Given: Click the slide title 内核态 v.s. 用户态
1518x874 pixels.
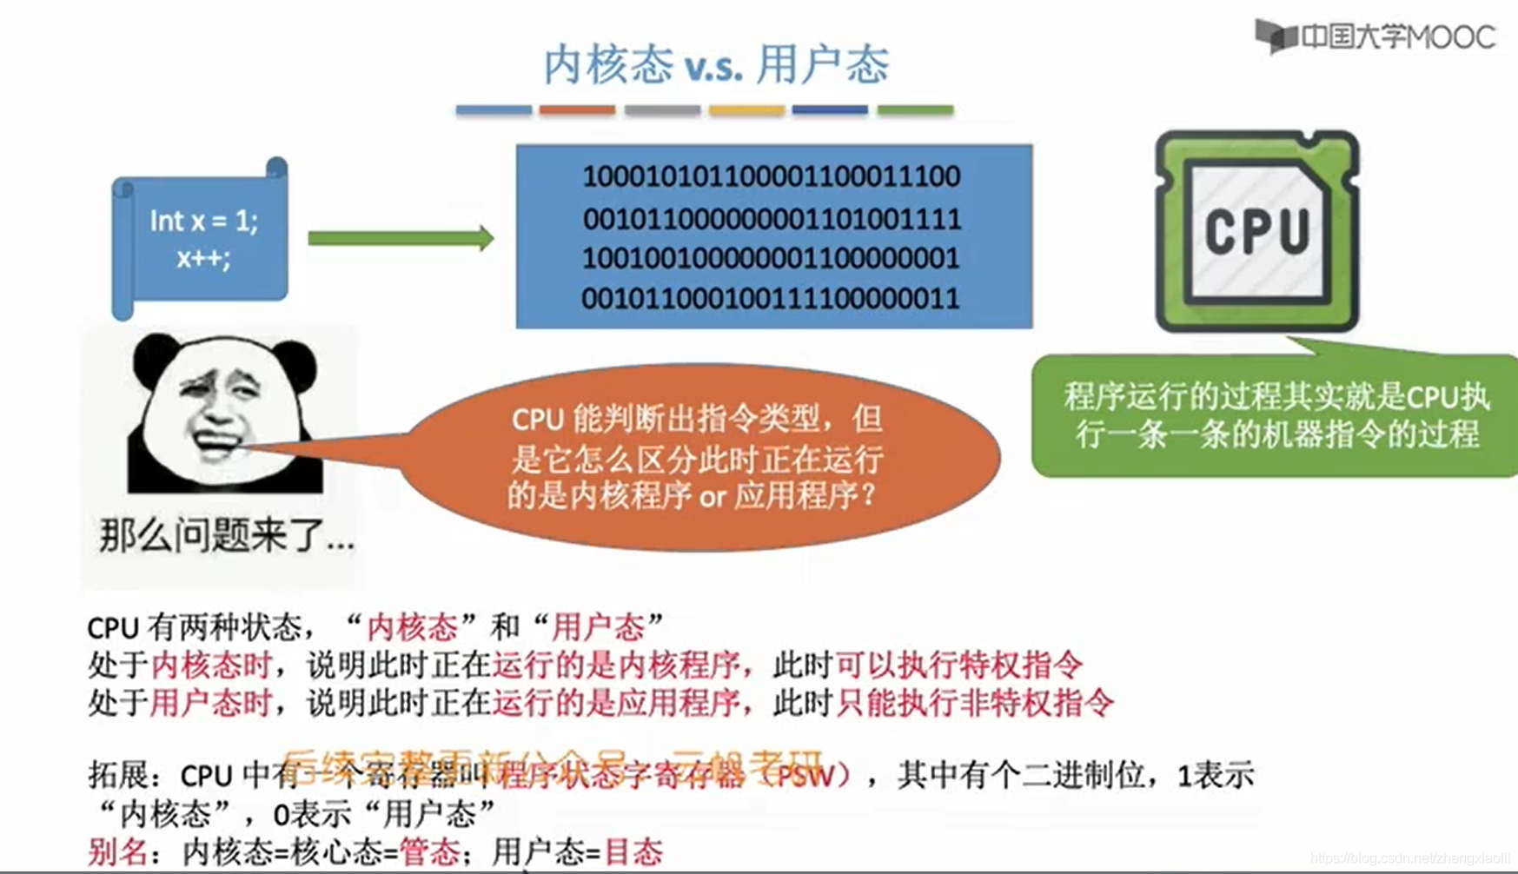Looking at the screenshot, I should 716,65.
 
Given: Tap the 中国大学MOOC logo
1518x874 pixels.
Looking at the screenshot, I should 1375,36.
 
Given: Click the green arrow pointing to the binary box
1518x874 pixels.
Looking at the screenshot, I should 401,238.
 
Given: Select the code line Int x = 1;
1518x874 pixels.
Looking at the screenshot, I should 203,221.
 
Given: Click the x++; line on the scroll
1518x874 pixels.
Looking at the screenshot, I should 203,258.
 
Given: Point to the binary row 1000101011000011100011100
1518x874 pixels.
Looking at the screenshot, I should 772,176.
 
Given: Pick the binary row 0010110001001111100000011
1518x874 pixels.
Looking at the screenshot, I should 771,298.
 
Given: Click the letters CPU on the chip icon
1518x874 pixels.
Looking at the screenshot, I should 1256,231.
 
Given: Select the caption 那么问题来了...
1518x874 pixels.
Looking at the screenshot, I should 226,535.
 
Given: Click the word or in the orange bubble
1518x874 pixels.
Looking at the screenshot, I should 712,497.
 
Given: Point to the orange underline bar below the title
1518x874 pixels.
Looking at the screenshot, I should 577,110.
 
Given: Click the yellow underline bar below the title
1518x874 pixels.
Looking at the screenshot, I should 746,110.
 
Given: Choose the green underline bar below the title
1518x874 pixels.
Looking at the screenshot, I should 915,110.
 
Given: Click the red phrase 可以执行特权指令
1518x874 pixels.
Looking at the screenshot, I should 959,665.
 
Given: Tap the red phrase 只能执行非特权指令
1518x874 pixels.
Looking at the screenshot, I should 974,702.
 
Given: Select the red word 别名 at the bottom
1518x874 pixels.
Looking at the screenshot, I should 117,852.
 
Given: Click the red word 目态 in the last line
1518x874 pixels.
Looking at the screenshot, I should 633,852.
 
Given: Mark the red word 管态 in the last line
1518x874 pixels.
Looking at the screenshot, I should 429,852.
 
